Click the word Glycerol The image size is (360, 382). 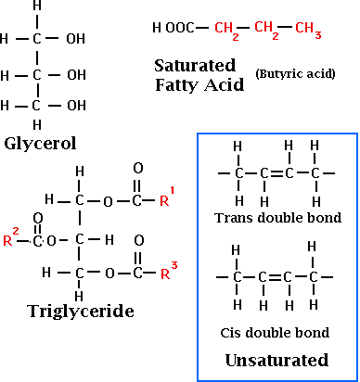[39, 144]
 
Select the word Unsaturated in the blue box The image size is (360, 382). [277, 359]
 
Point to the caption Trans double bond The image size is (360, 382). [277, 218]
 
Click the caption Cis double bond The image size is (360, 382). [277, 331]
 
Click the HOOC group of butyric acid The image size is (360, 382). [174, 28]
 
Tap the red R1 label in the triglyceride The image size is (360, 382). [166, 198]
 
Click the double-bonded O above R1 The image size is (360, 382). [138, 170]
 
